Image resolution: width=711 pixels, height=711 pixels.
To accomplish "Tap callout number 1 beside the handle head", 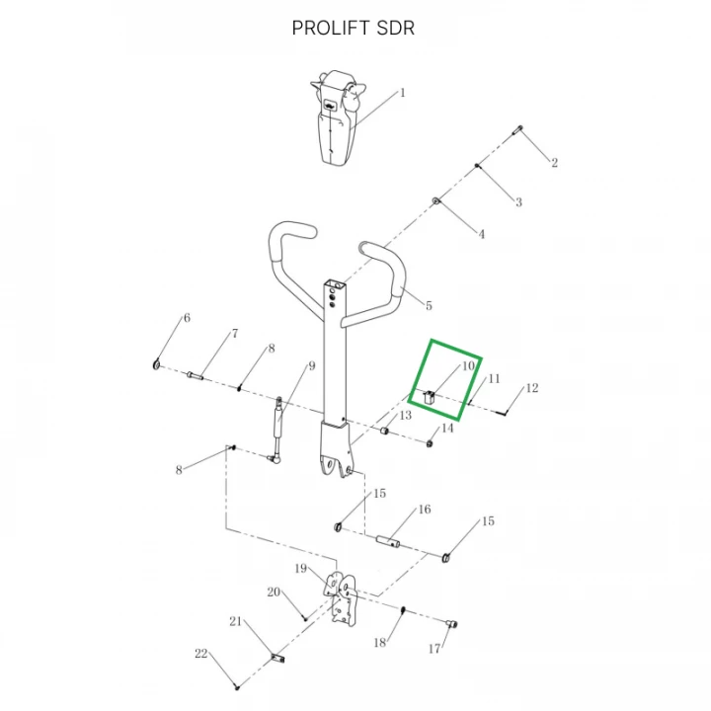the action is point(402,93).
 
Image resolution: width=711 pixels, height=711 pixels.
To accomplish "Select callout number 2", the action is point(554,162).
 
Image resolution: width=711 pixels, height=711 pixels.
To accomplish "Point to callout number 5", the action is point(429,305).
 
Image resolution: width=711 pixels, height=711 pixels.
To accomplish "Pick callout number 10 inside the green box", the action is point(468,366).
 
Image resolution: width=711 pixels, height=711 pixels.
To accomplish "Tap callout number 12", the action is point(532,388).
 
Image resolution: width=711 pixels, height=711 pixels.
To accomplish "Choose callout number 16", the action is point(425,510).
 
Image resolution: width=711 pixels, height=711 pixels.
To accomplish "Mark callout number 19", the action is point(301,569).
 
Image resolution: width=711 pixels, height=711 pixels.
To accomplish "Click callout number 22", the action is point(200,654).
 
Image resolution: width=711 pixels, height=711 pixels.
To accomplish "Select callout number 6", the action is point(187,318).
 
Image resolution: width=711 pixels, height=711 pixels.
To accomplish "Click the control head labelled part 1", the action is point(338,118).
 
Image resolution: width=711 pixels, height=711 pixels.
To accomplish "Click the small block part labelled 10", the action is point(429,398).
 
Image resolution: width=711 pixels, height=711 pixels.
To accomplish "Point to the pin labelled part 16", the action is point(389,541).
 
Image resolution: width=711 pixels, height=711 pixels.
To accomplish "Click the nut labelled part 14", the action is point(430,443).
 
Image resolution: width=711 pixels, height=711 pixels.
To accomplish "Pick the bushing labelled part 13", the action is point(384,430).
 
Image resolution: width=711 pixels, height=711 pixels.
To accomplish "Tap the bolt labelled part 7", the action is point(195,375).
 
